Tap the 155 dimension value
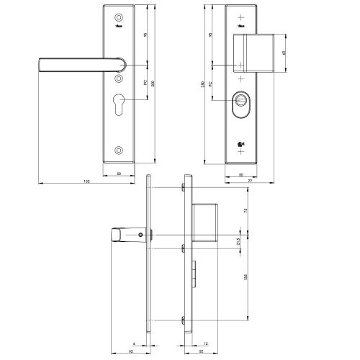pyautogui.click(x=246, y=282)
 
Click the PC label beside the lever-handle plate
pyautogui.click(x=146, y=83)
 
